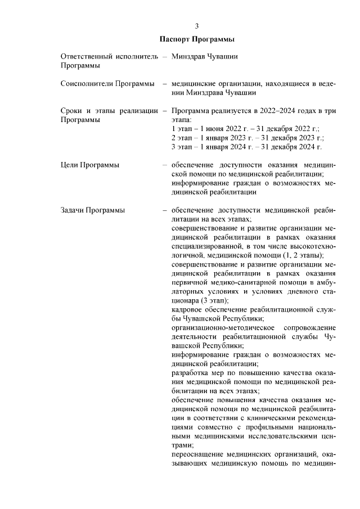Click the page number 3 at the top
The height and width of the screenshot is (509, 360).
[197, 26]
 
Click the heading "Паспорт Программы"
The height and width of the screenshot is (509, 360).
[197, 39]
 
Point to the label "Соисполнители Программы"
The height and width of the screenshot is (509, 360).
[107, 84]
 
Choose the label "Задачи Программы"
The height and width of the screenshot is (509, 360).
[92, 210]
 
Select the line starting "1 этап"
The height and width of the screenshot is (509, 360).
[245, 129]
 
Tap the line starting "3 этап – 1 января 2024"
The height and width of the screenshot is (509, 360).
[246, 147]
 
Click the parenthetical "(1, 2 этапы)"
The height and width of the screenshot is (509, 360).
[303, 255]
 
